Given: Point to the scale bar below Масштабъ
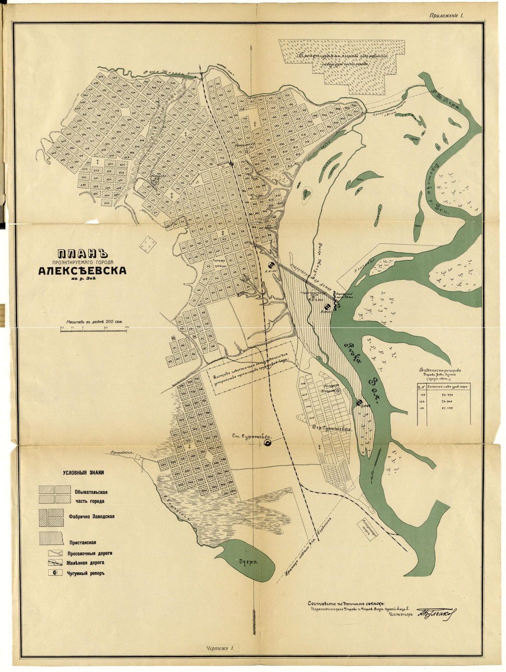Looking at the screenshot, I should point(95,327).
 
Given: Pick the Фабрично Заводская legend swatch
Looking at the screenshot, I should point(54,517).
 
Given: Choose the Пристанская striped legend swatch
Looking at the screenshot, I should point(54,538).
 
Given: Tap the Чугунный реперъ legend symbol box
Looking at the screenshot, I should point(55,573).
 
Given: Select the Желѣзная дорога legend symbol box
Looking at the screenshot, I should point(55,563).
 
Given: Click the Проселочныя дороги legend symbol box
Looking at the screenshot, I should point(55,553).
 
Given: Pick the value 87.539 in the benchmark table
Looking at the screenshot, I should point(449,408).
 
